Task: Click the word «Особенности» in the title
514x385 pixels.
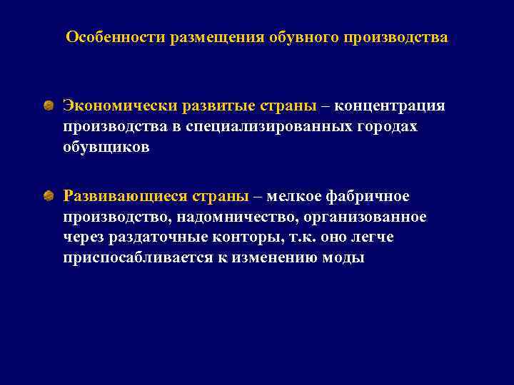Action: [115, 36]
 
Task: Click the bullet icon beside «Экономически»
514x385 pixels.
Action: [47, 106]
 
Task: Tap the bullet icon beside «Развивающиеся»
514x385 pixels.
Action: [47, 195]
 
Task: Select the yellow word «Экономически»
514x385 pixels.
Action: [119, 106]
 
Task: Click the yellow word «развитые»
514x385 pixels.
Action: [215, 106]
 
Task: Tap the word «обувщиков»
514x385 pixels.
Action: [106, 147]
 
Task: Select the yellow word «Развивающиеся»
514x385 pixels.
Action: [126, 195]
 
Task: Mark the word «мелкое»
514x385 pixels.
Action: [294, 195]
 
